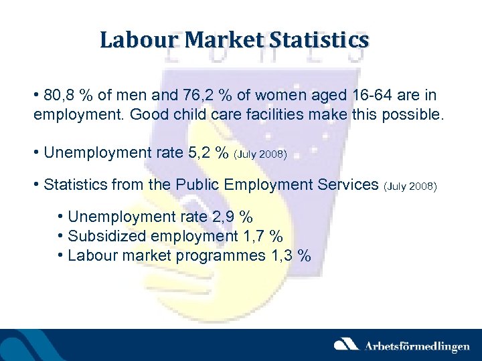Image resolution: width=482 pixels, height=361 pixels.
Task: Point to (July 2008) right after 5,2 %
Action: tap(260, 154)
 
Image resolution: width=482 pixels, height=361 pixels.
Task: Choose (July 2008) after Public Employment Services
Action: tap(410, 185)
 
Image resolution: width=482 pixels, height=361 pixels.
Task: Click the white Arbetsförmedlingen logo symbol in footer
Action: tap(347, 345)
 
